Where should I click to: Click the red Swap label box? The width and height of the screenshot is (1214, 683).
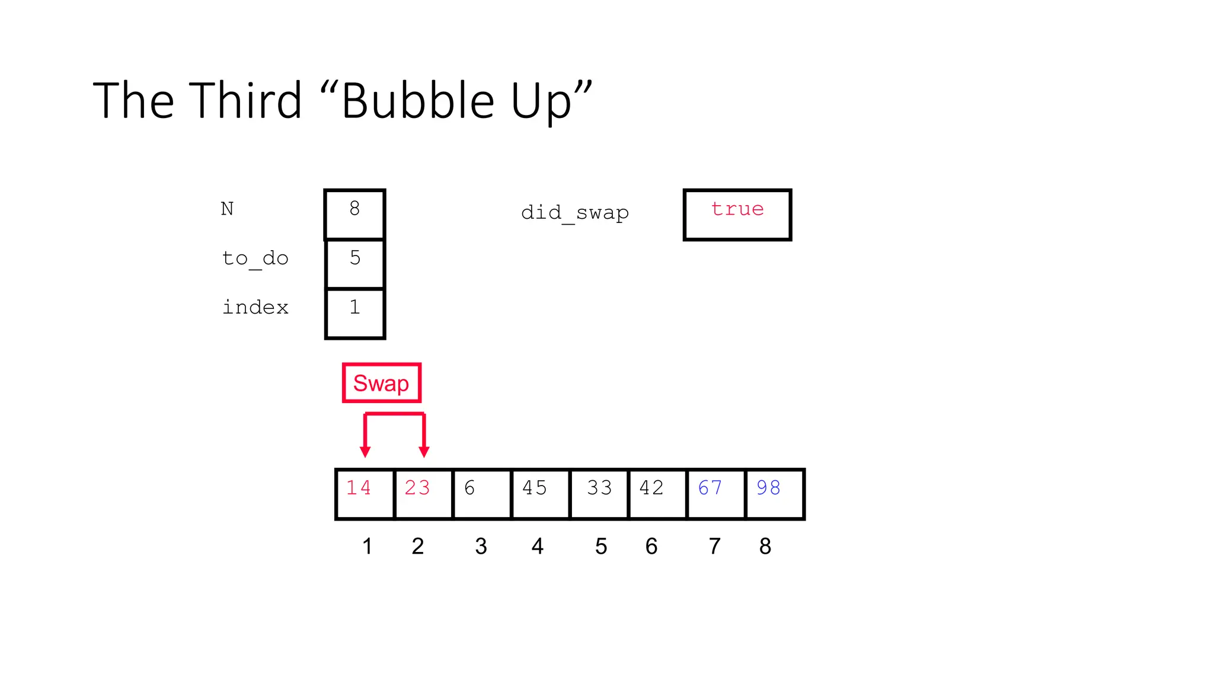(381, 383)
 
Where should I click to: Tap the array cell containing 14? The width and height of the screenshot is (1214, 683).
(365, 493)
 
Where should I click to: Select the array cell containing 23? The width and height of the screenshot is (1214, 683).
(423, 493)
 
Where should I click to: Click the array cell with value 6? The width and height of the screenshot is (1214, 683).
(481, 493)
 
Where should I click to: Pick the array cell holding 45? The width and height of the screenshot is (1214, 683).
(540, 493)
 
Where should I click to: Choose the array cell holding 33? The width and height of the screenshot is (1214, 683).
(599, 493)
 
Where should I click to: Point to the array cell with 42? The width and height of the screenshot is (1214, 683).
(657, 493)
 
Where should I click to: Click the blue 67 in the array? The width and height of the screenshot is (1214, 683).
(710, 488)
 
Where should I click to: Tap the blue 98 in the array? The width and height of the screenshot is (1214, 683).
(768, 488)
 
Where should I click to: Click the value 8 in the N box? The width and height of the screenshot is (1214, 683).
(354, 209)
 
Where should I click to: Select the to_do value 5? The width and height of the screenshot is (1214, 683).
(355, 258)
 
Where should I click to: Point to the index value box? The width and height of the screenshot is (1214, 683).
(355, 313)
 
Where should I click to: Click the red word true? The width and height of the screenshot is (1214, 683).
(737, 209)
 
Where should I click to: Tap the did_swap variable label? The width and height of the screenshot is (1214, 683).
(574, 213)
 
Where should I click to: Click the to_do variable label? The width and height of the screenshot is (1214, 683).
(255, 259)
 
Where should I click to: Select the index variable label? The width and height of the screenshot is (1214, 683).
(255, 308)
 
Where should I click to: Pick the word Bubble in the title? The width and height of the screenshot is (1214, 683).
(418, 101)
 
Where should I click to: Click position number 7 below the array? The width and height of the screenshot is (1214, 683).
(715, 546)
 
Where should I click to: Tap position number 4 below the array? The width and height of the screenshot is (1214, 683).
(538, 546)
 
